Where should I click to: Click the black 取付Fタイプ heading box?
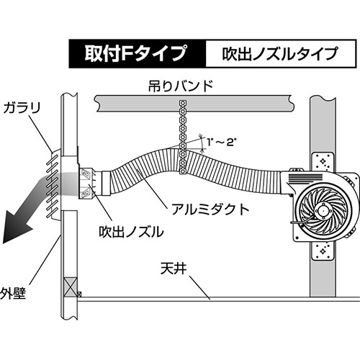click(138, 53)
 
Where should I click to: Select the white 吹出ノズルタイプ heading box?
click(280, 53)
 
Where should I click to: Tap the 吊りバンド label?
click(181, 86)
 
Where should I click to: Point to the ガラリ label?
click(22, 108)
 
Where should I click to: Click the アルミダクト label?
click(210, 210)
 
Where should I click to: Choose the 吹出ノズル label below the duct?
click(131, 232)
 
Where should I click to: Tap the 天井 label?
click(174, 269)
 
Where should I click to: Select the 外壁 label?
click(12, 293)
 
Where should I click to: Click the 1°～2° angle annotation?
click(222, 143)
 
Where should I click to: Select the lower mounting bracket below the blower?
click(322, 251)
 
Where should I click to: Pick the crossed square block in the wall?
click(71, 287)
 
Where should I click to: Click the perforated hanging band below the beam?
click(183, 137)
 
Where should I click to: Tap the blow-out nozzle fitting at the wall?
click(87, 184)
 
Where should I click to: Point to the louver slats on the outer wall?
click(53, 185)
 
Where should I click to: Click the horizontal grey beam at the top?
click(194, 104)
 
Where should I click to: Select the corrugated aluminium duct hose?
click(192, 171)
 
